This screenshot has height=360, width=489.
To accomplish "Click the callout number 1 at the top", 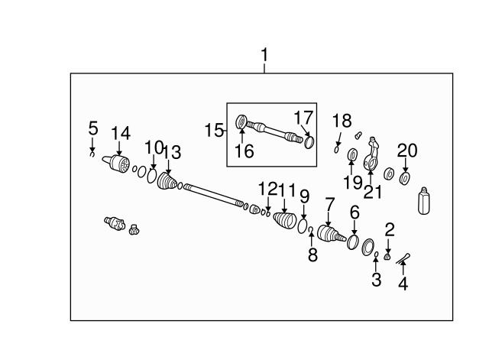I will pos(265,56).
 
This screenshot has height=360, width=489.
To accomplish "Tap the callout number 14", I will pos(120,134).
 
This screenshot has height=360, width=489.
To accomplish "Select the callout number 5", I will pos(92,128).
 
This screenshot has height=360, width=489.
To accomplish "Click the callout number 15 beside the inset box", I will pos(213,131).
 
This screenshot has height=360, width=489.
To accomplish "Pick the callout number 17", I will pos(303,118).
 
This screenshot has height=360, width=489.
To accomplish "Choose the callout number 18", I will pos(342,120).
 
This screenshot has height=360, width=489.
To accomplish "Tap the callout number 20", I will pos(407,151).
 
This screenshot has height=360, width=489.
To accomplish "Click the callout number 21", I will pos(372,191).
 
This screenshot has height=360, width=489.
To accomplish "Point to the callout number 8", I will pos(312,255).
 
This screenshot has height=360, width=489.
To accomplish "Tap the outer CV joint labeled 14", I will pos(118,164).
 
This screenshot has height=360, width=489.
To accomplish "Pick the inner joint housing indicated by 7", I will pos(331,234).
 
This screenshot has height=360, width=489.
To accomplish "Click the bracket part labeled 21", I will pos(372,155).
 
